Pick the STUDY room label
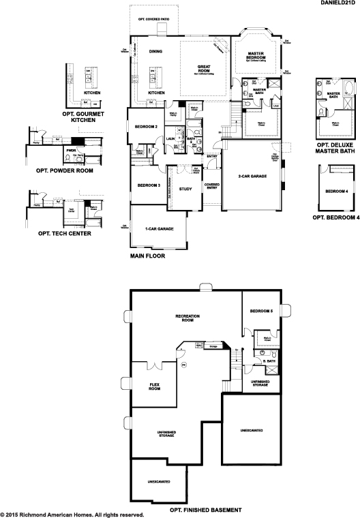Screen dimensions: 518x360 tap(185, 189)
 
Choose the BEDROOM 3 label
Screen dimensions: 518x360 tap(148, 185)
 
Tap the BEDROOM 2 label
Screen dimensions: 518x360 tap(147, 127)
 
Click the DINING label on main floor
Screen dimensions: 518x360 tap(155, 51)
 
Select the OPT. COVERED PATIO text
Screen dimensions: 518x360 tap(153, 19)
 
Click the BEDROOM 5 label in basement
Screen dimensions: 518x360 tap(261, 311)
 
